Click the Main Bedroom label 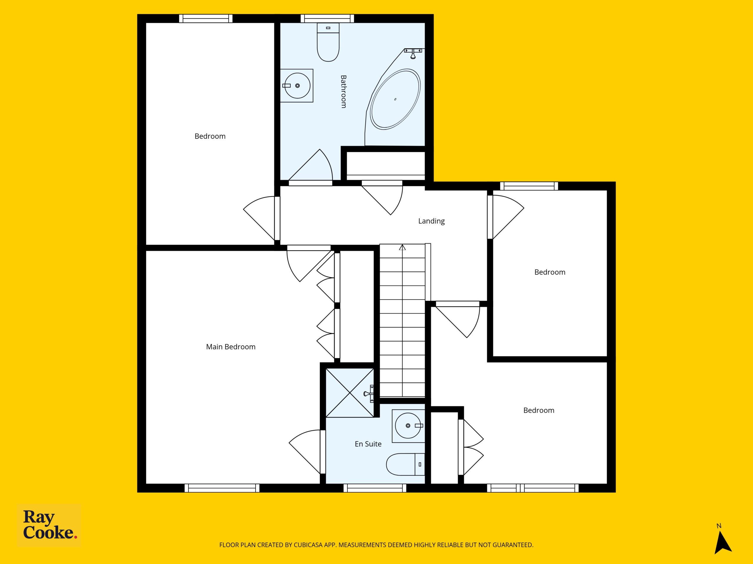pos(231,347)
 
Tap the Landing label pos(431,221)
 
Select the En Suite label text pos(368,444)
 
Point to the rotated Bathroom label pos(344,91)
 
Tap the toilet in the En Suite pos(405,464)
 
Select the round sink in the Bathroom pos(297,86)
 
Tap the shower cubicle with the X pos(350,393)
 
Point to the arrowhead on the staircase pos(402,248)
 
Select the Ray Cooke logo pos(49,525)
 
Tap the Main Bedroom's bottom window pos(222,488)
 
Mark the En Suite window pos(375,488)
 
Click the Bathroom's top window pos(327,18)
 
